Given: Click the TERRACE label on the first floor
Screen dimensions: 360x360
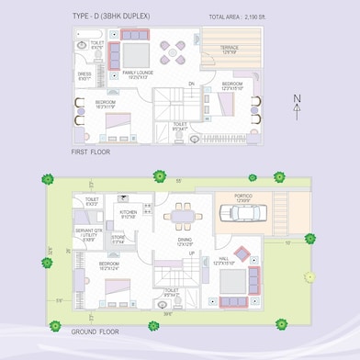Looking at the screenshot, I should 229,48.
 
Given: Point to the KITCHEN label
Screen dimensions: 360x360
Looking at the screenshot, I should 129,212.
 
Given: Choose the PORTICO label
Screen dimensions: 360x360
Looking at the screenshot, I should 243,196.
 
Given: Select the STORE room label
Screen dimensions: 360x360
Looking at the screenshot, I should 118,238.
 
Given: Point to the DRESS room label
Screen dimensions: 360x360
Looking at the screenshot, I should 84,74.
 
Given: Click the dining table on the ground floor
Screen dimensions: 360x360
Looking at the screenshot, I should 179,217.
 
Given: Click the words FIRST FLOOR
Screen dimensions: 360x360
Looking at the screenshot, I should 92,152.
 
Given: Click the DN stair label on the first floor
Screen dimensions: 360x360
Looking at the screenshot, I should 192,84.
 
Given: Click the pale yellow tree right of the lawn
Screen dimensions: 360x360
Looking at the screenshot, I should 310,276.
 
